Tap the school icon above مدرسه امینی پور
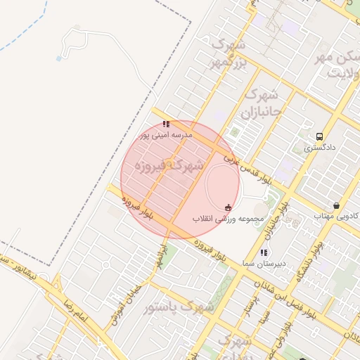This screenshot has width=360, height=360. [x=166, y=124]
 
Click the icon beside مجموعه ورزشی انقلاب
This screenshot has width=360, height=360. [x=228, y=207]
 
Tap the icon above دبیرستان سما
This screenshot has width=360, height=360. [x=263, y=252]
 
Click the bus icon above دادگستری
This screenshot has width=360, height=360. [x=321, y=136]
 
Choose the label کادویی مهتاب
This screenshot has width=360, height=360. [x=336, y=216]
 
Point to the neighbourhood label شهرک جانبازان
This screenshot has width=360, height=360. [x=261, y=103]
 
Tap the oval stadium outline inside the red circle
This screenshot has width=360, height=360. [x=222, y=182]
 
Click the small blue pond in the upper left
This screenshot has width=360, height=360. [x=58, y=58]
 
